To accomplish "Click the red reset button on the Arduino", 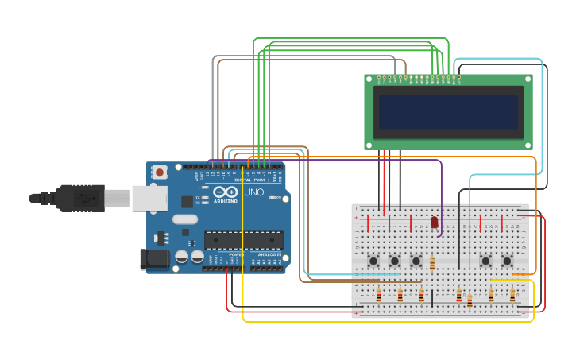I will coord(160,172).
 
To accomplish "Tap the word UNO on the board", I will coord(253,192).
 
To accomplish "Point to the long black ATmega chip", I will coord(243,240).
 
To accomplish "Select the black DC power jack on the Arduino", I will coord(154,258).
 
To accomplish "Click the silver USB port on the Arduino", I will coord(149,198).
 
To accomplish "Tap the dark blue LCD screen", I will coord(448,112).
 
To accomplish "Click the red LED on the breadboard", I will coord(434,223).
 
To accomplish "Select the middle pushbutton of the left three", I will coord(394,261).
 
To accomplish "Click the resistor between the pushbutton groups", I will coord(432,264).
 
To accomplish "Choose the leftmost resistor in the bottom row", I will coord(378,296).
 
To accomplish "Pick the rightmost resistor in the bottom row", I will coord(512,296).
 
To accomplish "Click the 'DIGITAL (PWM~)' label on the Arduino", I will coord(251,180).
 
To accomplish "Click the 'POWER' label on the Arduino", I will coord(236,254).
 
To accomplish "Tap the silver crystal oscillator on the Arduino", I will coord(184,219).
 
